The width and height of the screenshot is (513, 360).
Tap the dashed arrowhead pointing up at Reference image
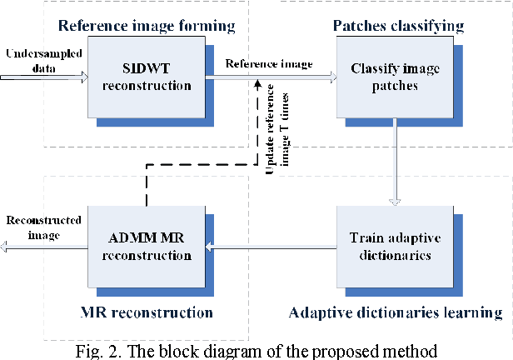(259, 86)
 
